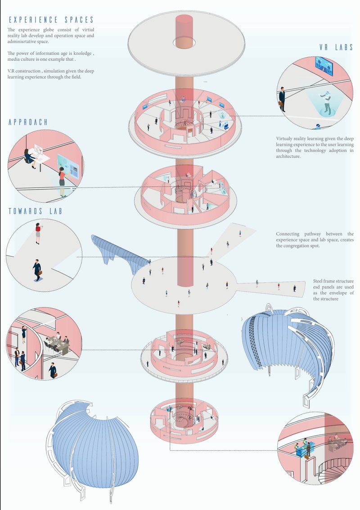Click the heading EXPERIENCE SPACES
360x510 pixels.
51,20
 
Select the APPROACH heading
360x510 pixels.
28,122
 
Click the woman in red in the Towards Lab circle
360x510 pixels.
38,234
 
